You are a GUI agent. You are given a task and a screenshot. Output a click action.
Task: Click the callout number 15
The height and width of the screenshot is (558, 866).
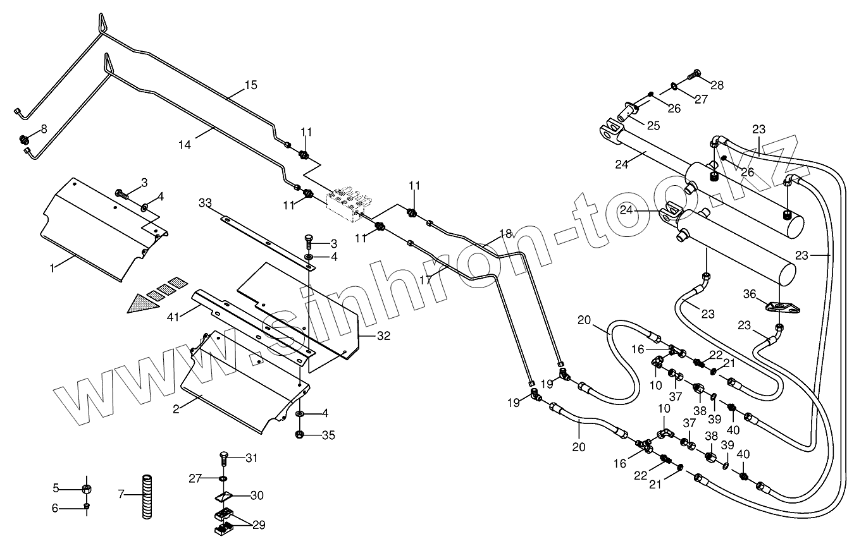tap(251, 85)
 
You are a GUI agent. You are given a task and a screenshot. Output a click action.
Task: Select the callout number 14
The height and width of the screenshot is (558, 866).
tap(184, 145)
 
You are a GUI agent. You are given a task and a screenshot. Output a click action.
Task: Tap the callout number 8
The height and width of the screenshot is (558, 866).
tap(44, 129)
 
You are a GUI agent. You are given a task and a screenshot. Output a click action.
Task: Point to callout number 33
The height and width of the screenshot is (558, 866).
tap(205, 203)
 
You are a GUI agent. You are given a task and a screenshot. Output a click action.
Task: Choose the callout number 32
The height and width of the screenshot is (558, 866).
tap(384, 336)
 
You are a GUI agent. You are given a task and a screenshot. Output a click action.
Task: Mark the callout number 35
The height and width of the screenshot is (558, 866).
tap(328, 435)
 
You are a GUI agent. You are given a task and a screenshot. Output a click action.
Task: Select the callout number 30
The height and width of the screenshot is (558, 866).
tap(256, 495)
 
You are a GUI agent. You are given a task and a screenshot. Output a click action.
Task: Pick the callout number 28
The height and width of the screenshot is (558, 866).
tap(717, 85)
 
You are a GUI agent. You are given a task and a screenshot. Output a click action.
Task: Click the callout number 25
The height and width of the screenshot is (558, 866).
tap(653, 126)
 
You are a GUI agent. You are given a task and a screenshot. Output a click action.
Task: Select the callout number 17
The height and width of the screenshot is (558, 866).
tap(424, 279)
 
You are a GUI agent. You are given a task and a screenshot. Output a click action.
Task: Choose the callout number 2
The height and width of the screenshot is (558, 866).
tap(176, 408)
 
